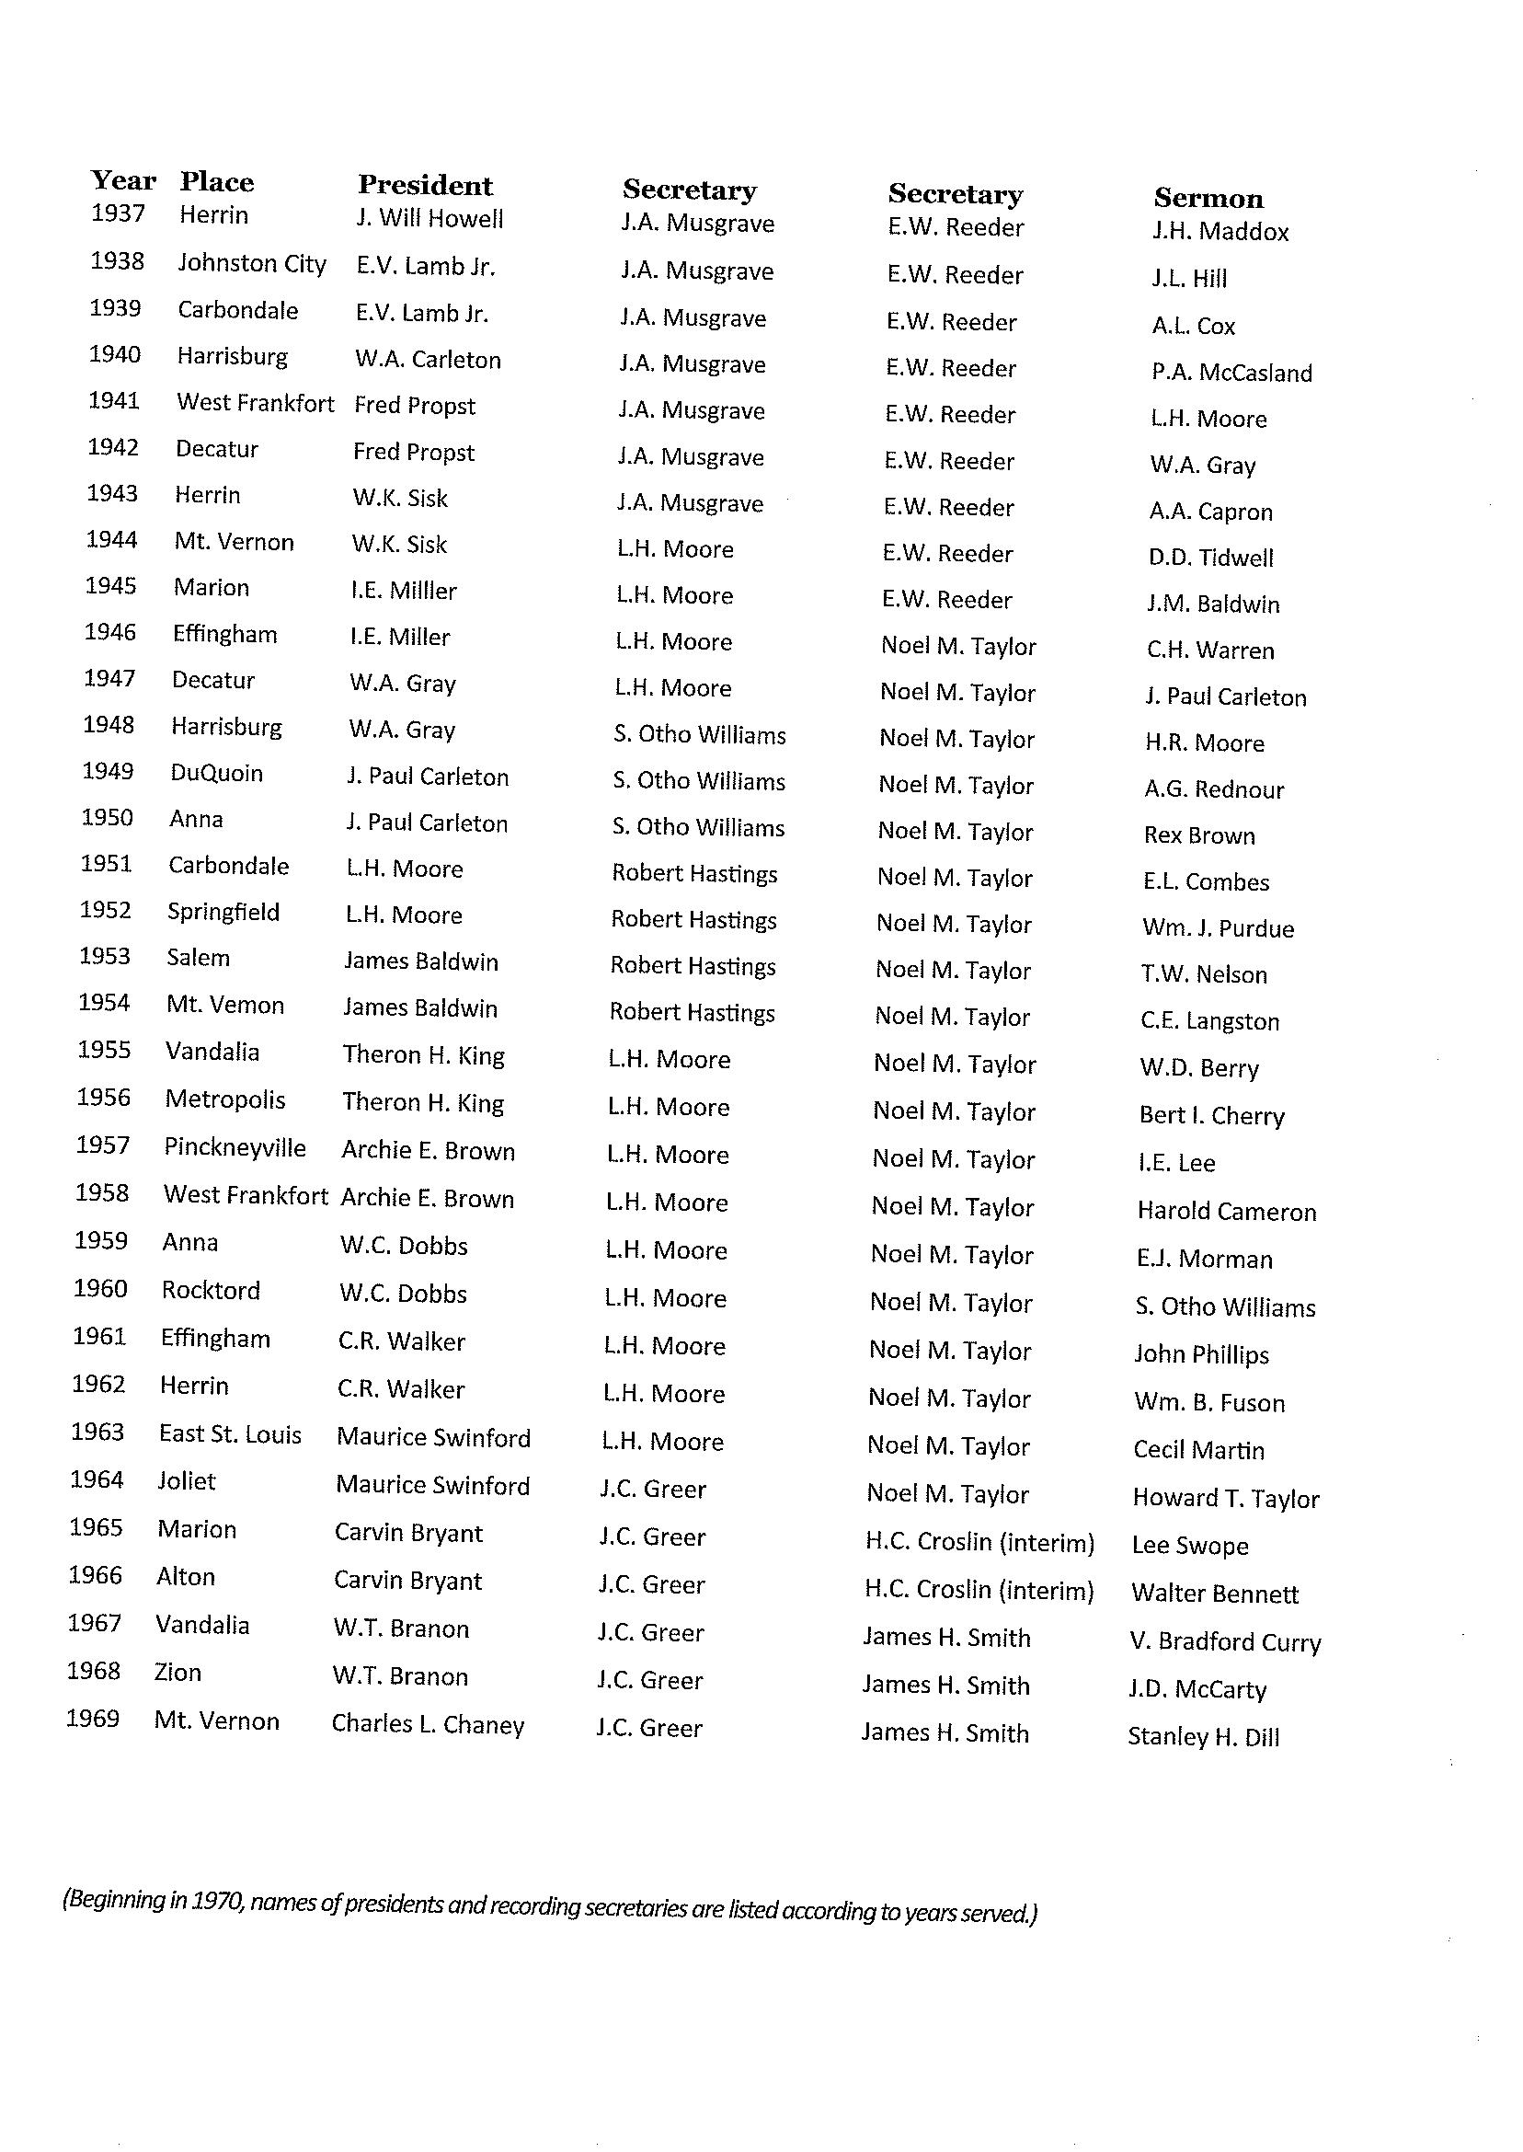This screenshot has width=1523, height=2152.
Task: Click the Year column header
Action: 123,180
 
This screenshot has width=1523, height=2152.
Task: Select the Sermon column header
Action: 1208,198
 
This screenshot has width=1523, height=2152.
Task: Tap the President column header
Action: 425,185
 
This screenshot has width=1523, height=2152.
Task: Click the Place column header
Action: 217,182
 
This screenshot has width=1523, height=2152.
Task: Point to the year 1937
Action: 118,213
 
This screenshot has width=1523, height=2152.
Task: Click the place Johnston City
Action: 251,264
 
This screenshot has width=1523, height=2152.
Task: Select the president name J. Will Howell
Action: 429,219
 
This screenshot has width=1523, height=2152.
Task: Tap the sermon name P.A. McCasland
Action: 1231,373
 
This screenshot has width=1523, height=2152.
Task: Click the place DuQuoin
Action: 217,773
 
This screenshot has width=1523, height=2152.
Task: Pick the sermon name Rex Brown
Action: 1198,834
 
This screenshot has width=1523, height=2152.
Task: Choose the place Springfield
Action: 223,912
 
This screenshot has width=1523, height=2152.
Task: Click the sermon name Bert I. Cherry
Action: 1210,1115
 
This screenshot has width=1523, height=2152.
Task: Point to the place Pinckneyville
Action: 235,1147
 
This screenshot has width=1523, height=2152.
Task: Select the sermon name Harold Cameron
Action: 1226,1211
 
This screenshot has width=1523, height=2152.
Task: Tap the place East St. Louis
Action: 230,1434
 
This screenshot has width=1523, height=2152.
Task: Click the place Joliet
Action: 187,1481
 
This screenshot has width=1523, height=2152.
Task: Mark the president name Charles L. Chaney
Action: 428,1724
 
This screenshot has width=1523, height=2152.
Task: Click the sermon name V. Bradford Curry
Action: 1225,1641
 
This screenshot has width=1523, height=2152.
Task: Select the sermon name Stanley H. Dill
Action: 1203,1736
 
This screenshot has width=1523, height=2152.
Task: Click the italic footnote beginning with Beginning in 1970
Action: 550,1906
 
